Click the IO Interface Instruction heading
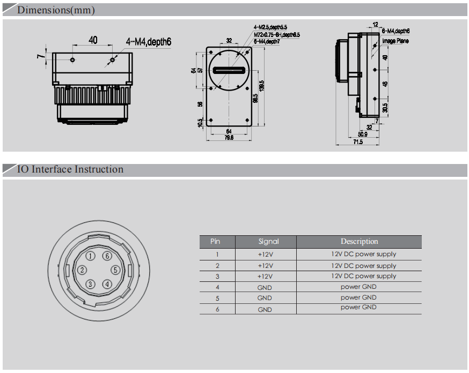coord(70,169)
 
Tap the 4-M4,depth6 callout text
coord(149,41)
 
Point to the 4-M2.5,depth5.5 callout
coord(270,26)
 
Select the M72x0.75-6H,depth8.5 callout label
coord(276,34)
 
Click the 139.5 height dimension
coord(261,86)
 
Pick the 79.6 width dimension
coord(229,138)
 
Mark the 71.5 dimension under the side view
coord(358,142)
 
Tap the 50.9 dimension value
coord(363,134)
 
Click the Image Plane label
coord(395,41)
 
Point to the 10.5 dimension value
coord(201,123)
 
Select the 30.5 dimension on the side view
coord(385,108)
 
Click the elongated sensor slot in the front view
coord(229,70)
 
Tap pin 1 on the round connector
coord(91,256)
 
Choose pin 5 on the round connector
coord(115,270)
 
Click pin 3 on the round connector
coord(91,284)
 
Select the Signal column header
coord(268,242)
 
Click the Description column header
coord(359,242)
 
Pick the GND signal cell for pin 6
coord(265,309)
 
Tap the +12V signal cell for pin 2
coord(265,266)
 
